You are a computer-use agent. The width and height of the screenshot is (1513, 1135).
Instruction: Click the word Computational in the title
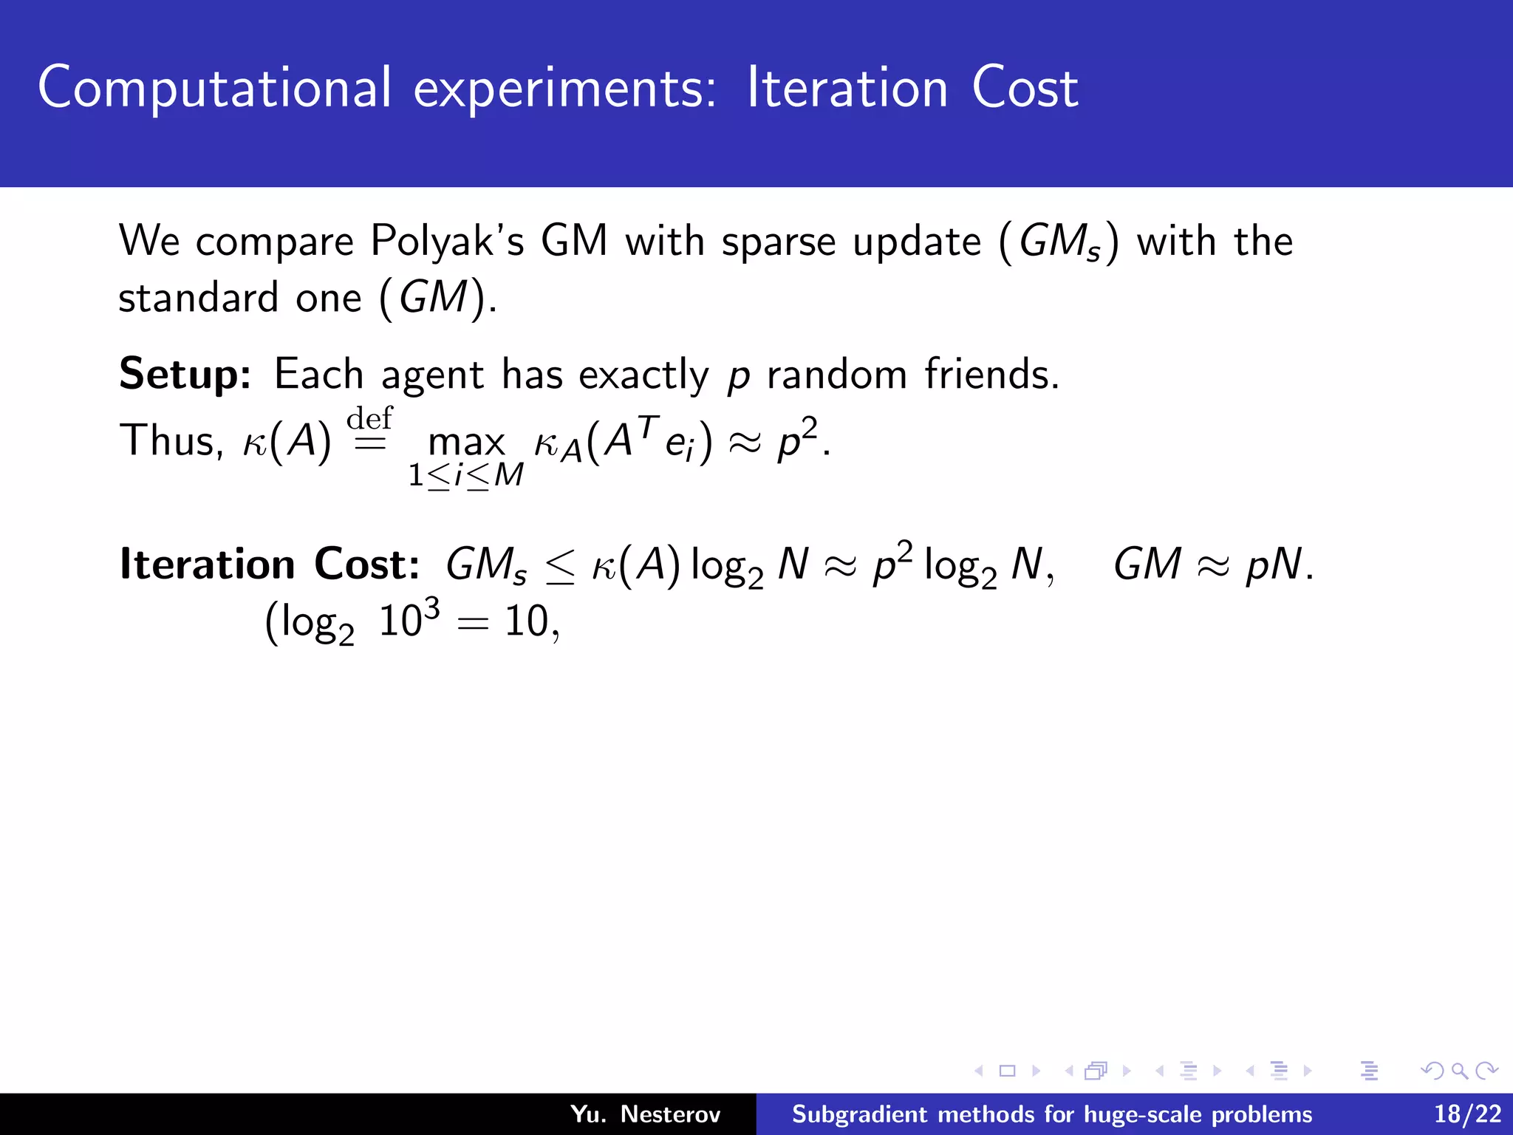[214, 89]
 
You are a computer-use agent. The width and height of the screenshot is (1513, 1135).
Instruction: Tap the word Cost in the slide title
[1025, 89]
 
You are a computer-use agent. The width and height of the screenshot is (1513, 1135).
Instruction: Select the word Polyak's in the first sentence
[447, 241]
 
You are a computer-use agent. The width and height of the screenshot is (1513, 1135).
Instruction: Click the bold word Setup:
[185, 374]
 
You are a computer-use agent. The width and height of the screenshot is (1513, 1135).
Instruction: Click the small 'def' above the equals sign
[369, 418]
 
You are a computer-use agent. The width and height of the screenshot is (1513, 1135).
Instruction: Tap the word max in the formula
[466, 442]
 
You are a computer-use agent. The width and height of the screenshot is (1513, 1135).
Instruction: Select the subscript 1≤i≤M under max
[466, 475]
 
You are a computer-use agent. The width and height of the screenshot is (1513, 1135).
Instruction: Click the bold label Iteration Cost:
[270, 565]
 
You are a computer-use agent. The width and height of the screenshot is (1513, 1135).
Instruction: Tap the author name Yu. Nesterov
[645, 1114]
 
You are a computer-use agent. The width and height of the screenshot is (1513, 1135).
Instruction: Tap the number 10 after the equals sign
[527, 621]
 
